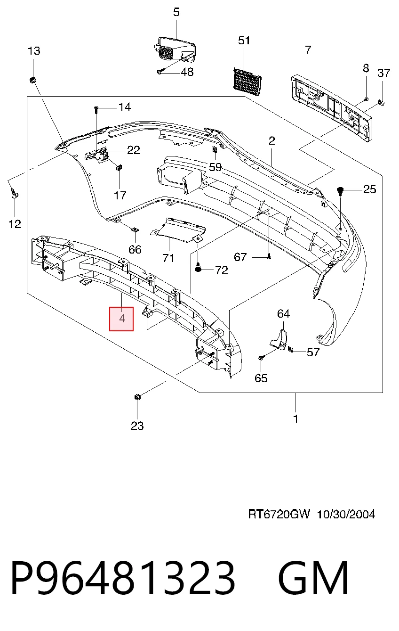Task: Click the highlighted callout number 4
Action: click(x=121, y=319)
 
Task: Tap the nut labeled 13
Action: click(x=32, y=80)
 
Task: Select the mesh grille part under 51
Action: click(x=247, y=82)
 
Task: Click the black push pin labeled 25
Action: click(x=341, y=191)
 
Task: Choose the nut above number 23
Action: click(x=137, y=397)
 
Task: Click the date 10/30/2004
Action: click(x=346, y=514)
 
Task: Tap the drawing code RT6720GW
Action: click(x=279, y=514)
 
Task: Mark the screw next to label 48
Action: click(x=160, y=72)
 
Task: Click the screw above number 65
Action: click(x=260, y=358)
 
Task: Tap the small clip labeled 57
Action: click(x=291, y=350)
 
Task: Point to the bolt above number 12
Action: click(x=14, y=193)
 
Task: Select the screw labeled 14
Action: click(x=96, y=110)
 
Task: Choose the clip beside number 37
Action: click(x=381, y=103)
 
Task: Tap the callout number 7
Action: click(x=308, y=50)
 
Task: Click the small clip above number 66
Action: click(x=135, y=230)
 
